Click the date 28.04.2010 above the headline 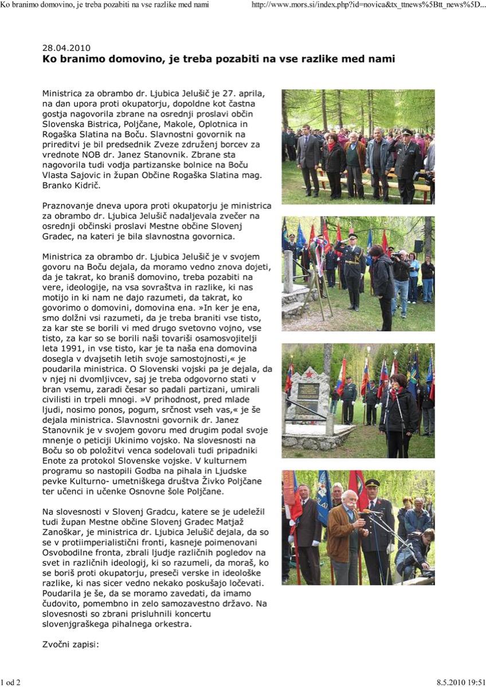[x=66, y=48]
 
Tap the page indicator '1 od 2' [x=11, y=682]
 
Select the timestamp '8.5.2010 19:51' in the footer [x=460, y=682]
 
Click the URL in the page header [x=369, y=5]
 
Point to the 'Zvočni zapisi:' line [x=71, y=644]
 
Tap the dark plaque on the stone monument [x=309, y=401]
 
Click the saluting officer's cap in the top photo [x=406, y=133]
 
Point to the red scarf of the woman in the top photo [x=332, y=146]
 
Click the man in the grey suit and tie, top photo [x=308, y=157]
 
